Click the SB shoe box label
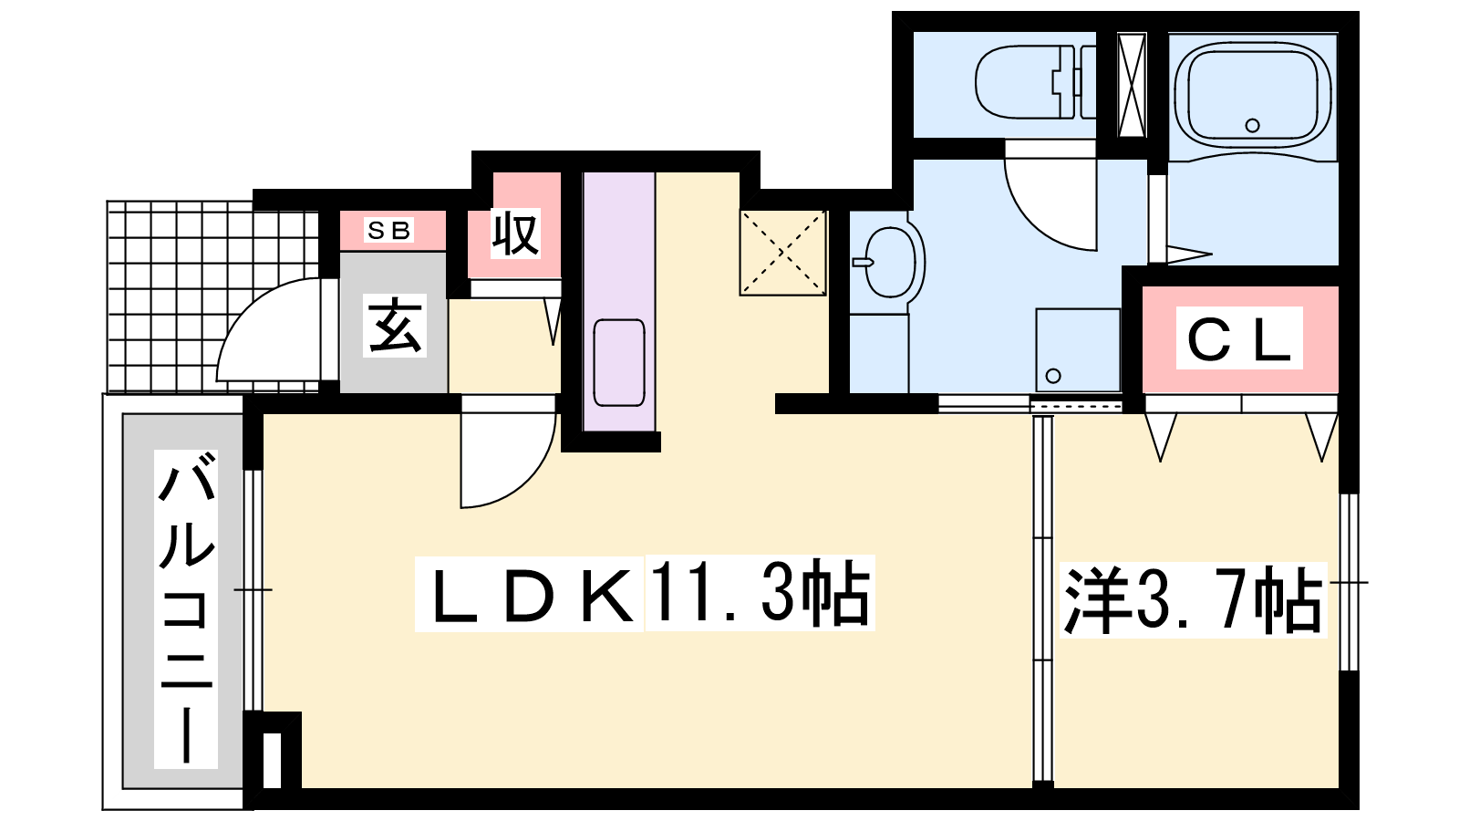[x=388, y=230]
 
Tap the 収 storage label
[x=515, y=233]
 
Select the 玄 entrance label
[x=394, y=325]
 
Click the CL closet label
[x=1239, y=338]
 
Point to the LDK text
[x=530, y=594]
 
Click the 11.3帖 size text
[x=760, y=593]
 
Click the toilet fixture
[x=1036, y=82]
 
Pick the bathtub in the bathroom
[x=1252, y=95]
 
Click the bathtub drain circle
[x=1252, y=126]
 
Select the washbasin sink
[x=888, y=262]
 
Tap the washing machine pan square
[x=1077, y=350]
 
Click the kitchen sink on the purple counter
[x=619, y=362]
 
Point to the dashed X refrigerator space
[x=783, y=253]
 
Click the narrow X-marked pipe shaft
[x=1132, y=86]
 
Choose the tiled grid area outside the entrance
[x=212, y=296]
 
